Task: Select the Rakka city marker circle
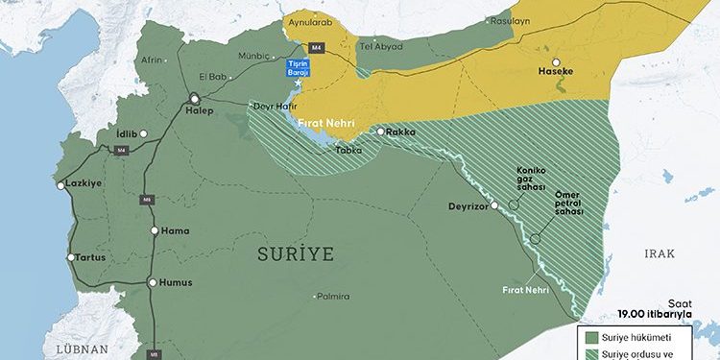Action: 380,132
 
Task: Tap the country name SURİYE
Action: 296,253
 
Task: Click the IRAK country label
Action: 660,253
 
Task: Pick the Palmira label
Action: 332,297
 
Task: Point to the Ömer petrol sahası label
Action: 569,203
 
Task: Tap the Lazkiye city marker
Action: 61,185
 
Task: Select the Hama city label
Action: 174,230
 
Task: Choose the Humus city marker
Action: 152,282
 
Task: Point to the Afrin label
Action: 152,60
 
